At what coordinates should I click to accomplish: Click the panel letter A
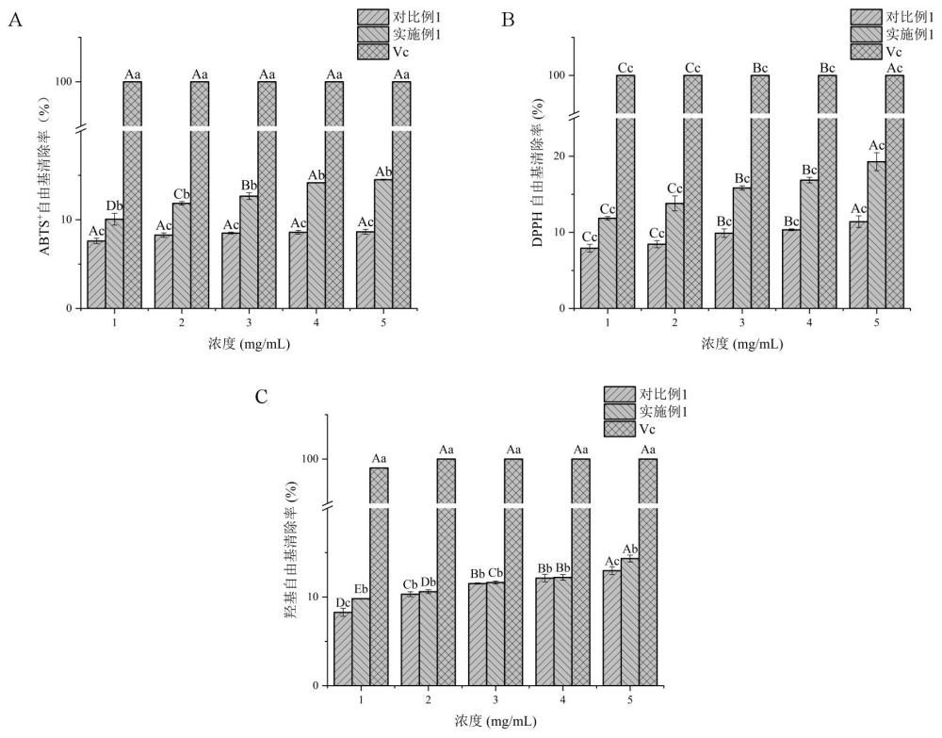pyautogui.click(x=14, y=20)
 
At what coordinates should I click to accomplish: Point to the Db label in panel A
pyautogui.click(x=114, y=205)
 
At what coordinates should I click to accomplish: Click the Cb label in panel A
pyautogui.click(x=182, y=194)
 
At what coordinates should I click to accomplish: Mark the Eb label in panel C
pyautogui.click(x=360, y=589)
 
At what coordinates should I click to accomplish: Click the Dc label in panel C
pyautogui.click(x=342, y=602)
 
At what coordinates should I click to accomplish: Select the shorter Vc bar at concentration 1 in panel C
pyautogui.click(x=379, y=576)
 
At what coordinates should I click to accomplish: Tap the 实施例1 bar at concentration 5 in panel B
pyautogui.click(x=876, y=235)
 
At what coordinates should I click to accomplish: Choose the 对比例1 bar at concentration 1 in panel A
pyautogui.click(x=96, y=274)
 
